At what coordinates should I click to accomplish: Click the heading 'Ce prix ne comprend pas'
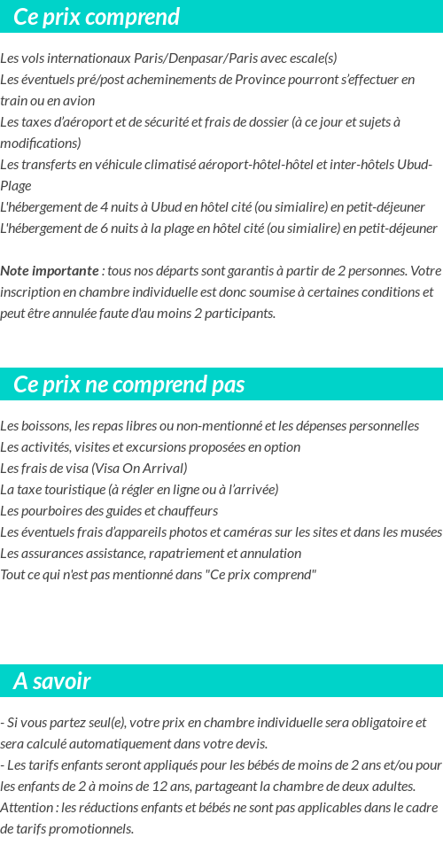(129, 385)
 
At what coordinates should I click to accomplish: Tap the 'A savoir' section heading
(52, 681)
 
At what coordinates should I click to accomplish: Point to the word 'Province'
(262, 80)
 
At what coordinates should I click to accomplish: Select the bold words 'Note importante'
(50, 271)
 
